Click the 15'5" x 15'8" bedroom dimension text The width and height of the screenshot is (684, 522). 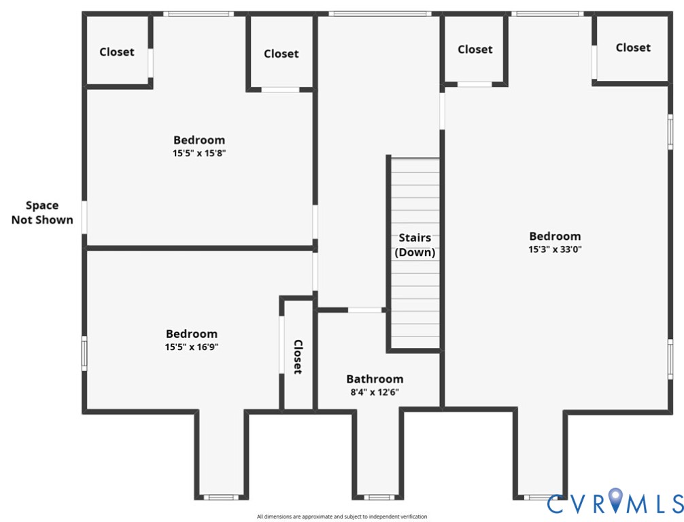199,154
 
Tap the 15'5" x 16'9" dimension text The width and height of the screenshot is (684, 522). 192,347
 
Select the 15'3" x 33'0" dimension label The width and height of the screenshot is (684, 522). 555,249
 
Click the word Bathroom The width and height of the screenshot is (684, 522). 375,379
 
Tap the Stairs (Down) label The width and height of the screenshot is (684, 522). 415,245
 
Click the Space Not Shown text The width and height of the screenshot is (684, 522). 42,212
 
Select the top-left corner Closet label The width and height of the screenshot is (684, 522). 117,52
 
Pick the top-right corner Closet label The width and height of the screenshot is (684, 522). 633,47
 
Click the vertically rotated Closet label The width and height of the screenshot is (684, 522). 297,357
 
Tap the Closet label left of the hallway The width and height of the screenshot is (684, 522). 281,53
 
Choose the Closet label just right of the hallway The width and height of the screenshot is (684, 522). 475,49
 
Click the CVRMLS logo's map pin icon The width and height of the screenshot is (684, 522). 615,500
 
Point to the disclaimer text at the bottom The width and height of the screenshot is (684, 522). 342,517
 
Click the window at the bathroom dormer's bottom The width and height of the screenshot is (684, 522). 377,497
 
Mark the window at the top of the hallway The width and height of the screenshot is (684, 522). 379,14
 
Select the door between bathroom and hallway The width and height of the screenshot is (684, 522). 365,310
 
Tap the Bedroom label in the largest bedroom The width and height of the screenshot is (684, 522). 555,236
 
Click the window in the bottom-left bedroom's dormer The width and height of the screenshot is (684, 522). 221,497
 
